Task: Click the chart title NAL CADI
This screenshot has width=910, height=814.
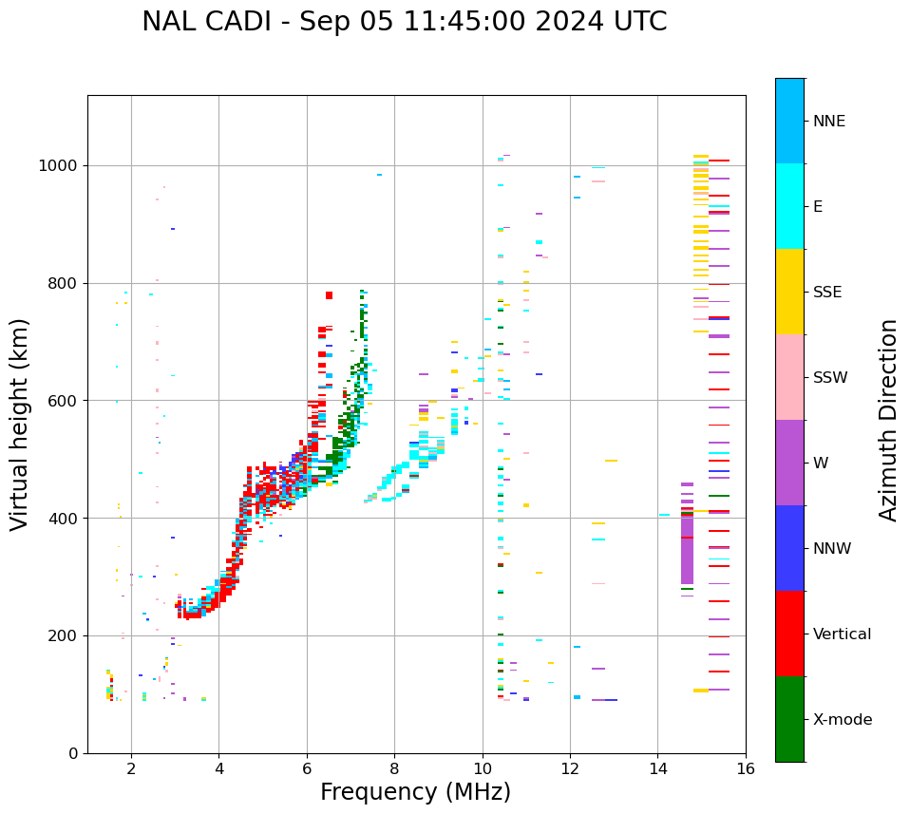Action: (404, 22)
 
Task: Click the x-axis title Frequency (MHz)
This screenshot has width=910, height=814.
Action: (415, 792)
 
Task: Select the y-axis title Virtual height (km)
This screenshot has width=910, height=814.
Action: (20, 425)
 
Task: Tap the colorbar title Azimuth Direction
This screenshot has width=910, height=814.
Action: (888, 420)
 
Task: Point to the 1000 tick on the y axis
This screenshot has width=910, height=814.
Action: (62, 165)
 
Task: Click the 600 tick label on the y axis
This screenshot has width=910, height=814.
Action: (66, 401)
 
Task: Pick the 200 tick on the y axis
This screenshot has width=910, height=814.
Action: (66, 635)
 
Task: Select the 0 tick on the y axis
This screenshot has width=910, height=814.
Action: (74, 753)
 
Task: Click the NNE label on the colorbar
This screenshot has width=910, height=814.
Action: (828, 122)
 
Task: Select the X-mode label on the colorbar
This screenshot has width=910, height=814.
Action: (842, 720)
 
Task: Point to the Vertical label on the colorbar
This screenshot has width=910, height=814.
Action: (842, 634)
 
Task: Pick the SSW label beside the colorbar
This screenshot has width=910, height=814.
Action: (830, 378)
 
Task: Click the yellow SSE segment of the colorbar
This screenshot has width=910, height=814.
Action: (789, 292)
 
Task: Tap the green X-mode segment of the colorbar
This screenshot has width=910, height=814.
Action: (789, 719)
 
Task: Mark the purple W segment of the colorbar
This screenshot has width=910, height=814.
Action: (789, 463)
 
